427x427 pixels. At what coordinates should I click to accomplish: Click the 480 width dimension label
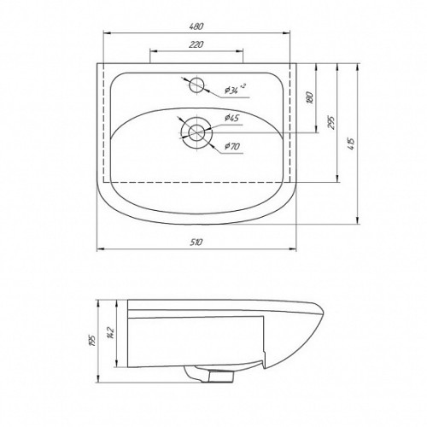point(196,26)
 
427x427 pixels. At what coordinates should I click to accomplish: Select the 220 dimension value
point(196,44)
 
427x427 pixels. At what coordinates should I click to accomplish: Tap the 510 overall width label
point(196,242)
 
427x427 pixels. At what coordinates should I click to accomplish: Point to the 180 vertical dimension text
point(310,97)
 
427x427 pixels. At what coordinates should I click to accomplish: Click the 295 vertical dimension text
point(331,123)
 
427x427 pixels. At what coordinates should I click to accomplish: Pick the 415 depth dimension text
point(351,144)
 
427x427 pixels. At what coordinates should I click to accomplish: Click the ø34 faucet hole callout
point(235,90)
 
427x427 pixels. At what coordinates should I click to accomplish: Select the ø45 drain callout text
point(232,118)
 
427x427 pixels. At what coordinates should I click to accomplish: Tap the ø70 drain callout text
point(232,146)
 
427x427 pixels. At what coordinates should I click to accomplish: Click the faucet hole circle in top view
point(196,78)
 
